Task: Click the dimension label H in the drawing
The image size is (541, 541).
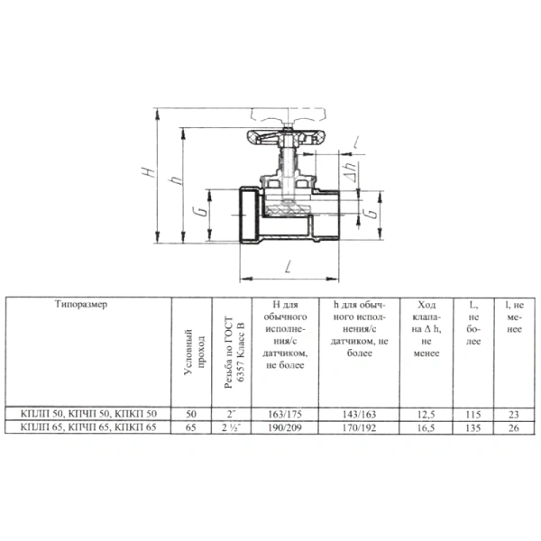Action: (x=149, y=172)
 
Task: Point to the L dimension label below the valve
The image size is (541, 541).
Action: (x=289, y=266)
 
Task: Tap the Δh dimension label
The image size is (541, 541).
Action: (x=351, y=172)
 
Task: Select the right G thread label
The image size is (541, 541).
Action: (x=371, y=213)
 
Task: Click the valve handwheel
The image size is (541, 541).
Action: (x=286, y=136)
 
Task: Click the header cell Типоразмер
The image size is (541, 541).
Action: (x=81, y=305)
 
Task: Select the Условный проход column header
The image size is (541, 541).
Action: (x=194, y=352)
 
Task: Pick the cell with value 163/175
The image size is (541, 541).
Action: (x=285, y=414)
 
